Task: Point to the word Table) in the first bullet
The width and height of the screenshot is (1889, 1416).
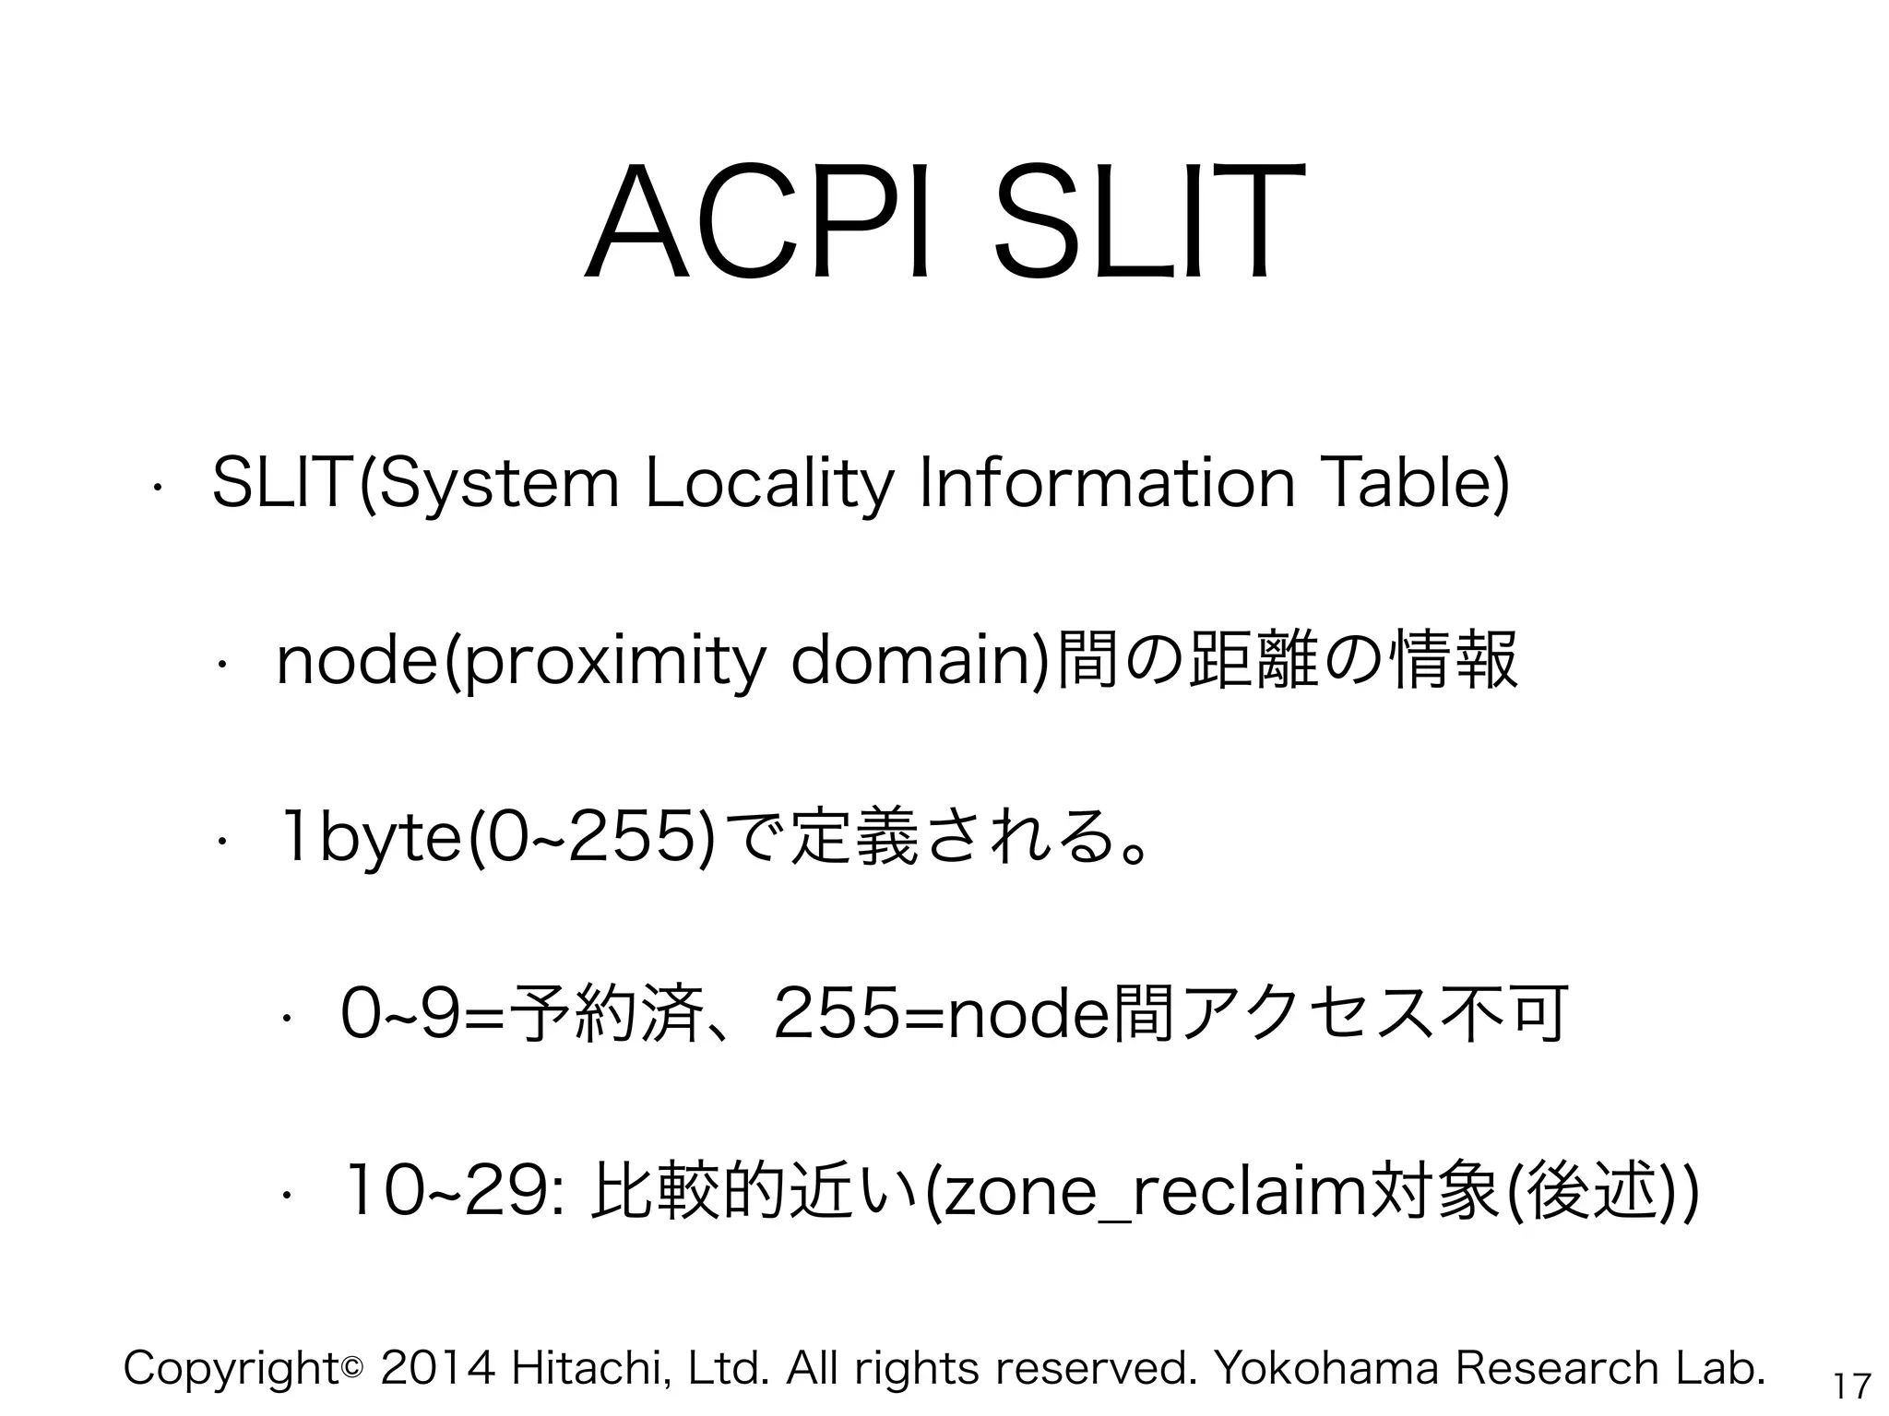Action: (x=1417, y=483)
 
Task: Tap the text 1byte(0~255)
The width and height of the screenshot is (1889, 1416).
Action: (x=498, y=837)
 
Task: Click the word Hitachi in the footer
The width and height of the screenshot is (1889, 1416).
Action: (x=589, y=1367)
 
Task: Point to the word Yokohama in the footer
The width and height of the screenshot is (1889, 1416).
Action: (x=1327, y=1367)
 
